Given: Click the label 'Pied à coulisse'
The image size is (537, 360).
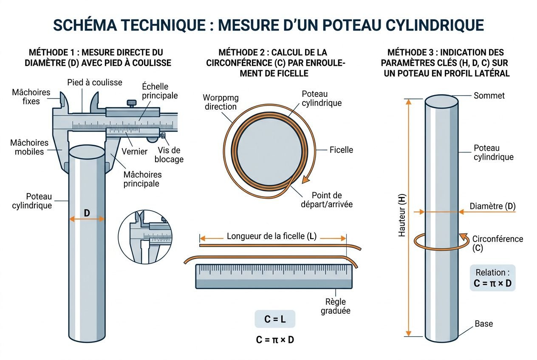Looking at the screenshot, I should coord(95,82).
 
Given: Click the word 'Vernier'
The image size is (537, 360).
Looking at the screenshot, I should coord(135,152).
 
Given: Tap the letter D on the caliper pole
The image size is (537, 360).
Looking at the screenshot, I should coord(87,213).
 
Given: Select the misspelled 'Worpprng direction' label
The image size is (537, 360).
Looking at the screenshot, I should coord(221,102).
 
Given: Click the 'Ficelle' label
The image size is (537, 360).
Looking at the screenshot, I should coord(341,150).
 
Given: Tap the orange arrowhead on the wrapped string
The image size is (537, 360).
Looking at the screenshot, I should coord(304,180).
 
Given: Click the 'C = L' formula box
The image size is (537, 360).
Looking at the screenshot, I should coord(274,319).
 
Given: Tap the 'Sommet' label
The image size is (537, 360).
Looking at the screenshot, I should coord(489,96).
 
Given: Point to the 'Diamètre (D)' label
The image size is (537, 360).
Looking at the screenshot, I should coord(492,206).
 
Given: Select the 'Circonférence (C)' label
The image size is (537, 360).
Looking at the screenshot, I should coord(497,243).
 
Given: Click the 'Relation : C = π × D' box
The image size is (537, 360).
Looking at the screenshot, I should coord(492,278).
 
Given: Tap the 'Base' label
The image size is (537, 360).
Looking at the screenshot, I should coord(483,323).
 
